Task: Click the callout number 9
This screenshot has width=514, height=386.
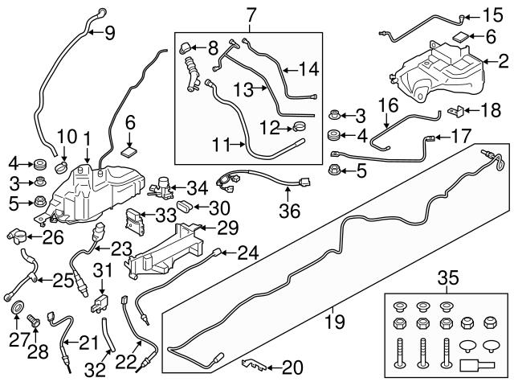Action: (110, 32)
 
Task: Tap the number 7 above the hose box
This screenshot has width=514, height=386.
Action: (251, 14)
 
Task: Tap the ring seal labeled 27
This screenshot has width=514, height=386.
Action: (15, 308)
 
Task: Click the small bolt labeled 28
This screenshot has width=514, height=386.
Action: (33, 322)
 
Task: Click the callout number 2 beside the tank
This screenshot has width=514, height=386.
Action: (504, 60)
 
